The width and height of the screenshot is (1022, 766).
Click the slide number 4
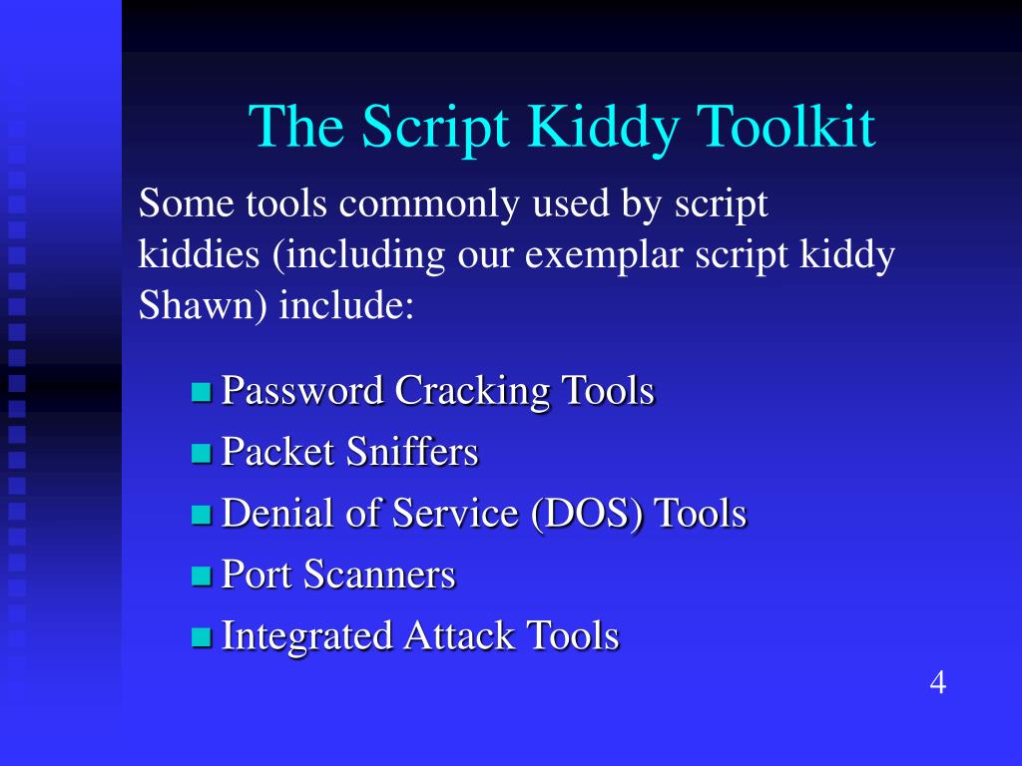tap(937, 683)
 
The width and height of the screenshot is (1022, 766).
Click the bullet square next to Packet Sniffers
tap(202, 454)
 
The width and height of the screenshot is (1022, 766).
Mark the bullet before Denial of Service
tap(202, 516)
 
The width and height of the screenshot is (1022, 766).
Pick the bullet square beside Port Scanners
tap(202, 576)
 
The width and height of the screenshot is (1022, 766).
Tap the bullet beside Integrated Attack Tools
tap(202, 637)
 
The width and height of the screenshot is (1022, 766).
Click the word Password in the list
tap(302, 390)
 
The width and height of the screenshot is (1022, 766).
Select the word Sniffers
tap(412, 452)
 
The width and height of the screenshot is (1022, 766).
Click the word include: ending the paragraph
tap(345, 306)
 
